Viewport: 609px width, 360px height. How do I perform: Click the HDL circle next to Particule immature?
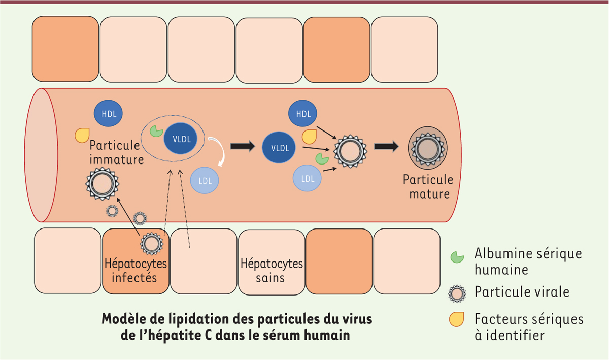point(108,113)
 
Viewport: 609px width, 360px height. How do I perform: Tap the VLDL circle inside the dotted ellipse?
point(181,139)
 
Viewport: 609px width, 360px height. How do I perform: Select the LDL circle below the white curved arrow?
point(205,180)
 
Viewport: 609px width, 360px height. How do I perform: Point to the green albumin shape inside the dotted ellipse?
point(156,131)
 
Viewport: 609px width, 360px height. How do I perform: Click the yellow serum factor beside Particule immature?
point(82,135)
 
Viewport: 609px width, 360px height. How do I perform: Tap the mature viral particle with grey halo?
point(428,148)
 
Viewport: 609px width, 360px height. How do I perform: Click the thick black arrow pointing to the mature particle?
point(386,146)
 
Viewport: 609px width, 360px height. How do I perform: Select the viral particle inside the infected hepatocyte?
point(152,244)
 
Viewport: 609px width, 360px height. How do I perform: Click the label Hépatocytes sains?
point(272,271)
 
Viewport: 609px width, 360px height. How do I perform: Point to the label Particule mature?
point(428,187)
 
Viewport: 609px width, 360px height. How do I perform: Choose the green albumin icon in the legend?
point(457,257)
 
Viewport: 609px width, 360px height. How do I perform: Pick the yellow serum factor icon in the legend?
point(456,319)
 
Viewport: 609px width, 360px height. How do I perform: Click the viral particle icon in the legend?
point(457,294)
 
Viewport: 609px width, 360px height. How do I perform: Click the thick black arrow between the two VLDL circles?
point(243,146)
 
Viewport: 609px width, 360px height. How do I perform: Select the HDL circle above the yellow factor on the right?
point(302,113)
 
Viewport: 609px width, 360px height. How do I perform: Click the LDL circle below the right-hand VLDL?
point(307,178)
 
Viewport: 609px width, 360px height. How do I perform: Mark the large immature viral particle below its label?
point(102,184)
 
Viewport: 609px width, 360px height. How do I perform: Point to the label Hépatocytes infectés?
point(136,271)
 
